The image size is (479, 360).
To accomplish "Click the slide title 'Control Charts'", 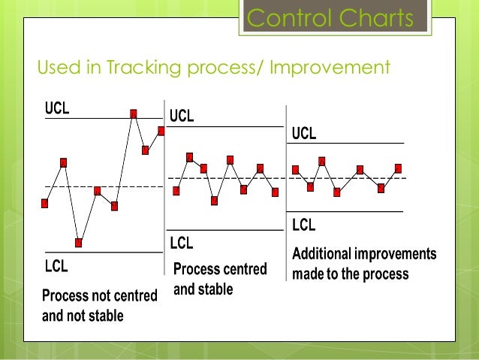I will point(330,18).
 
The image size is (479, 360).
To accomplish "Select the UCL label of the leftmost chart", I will point(56,108).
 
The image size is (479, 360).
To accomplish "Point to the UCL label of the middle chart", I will point(181,116).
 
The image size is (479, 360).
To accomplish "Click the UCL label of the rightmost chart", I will point(303,134).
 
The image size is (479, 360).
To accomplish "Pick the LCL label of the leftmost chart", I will point(56,265).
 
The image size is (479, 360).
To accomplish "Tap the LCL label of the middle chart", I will point(181,243).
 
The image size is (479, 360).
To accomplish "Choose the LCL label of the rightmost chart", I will point(303,224).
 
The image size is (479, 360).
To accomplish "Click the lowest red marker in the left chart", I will point(79,243).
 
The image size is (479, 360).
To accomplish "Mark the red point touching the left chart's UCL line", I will point(134,113).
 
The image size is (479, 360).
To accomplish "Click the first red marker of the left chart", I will point(45,203).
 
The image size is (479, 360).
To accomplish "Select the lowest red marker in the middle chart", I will point(215,201).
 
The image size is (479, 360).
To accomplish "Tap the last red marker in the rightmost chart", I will point(398,168).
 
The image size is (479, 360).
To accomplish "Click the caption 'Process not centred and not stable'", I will point(99,306).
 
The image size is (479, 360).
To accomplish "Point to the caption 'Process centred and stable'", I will point(219,279).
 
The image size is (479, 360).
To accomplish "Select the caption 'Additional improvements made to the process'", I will point(363,264).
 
